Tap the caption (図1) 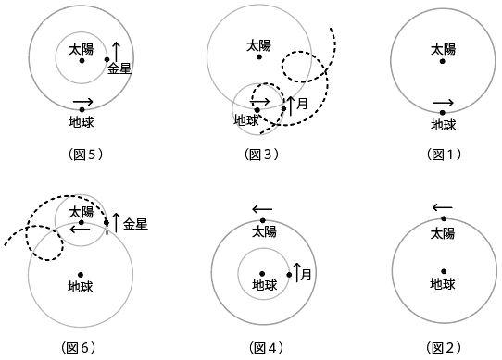point(443,155)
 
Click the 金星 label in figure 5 point(120,68)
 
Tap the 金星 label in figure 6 point(135,223)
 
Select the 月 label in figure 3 point(302,104)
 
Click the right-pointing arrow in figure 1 point(444,103)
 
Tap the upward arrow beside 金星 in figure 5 point(116,50)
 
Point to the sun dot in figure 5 point(82,61)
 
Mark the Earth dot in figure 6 point(82,274)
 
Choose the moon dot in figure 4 point(289,275)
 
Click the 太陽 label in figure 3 point(259,44)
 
